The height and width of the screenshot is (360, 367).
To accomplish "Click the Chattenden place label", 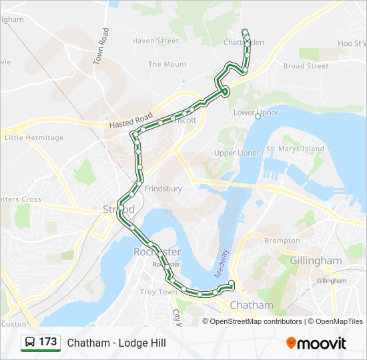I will (244, 42).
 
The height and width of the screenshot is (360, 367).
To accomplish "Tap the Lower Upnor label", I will (256, 113).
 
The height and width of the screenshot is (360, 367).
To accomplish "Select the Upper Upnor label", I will (237, 153).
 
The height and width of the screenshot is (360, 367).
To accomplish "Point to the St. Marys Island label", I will (295, 149).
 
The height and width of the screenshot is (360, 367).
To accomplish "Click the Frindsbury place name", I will (163, 189).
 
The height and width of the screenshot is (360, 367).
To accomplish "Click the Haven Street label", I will (155, 41).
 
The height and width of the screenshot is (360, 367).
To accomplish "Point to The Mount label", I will (167, 65).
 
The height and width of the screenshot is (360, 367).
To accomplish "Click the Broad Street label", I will (306, 66).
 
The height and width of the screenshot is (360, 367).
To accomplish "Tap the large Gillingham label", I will (316, 260).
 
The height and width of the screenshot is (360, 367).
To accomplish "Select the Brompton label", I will (282, 240).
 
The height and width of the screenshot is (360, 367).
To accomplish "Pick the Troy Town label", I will (158, 292).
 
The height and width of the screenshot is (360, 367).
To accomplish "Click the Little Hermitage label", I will (33, 138).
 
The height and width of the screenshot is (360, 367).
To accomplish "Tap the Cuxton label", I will (13, 323).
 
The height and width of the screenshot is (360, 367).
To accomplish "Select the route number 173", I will (48, 342).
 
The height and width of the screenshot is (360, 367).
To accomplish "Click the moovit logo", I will (316, 343).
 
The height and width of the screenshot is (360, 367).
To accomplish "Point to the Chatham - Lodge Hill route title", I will (116, 343).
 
